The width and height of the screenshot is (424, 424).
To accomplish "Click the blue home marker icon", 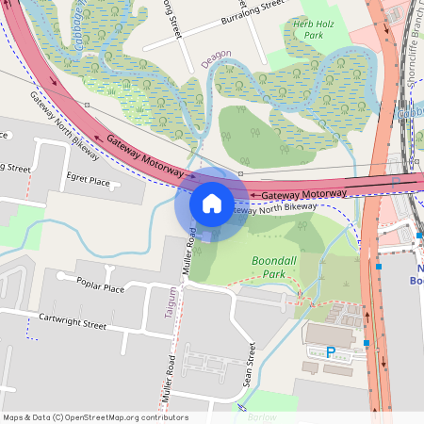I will (212, 203).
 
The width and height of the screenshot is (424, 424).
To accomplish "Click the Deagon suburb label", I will (217, 60).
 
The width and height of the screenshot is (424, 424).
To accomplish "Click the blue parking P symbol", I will (331, 352).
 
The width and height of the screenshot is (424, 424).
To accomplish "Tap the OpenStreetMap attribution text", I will (95, 417).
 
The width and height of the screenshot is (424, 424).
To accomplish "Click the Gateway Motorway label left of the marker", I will (144, 155).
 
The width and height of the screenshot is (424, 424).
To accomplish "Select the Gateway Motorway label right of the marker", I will (304, 194).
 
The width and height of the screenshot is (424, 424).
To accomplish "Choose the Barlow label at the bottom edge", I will (263, 417).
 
